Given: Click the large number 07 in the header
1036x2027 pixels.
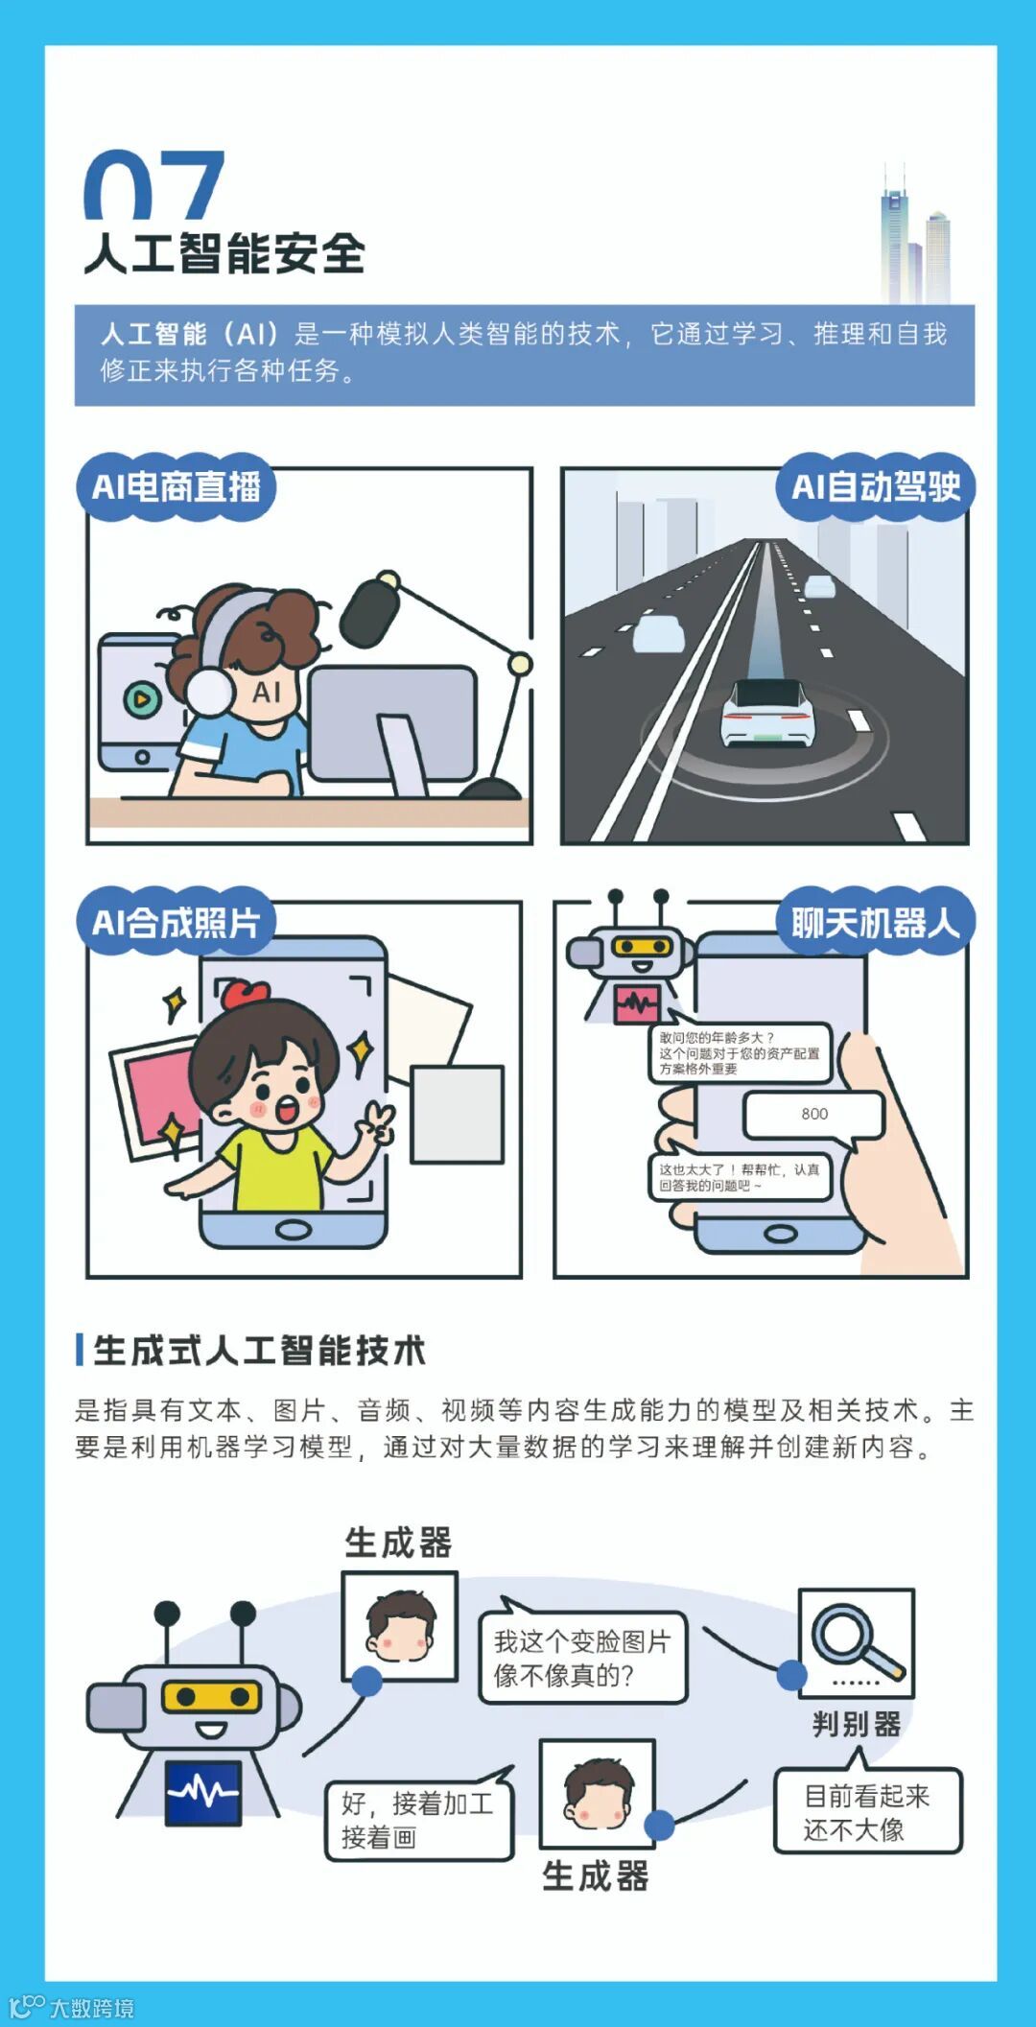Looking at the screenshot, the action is [x=154, y=184].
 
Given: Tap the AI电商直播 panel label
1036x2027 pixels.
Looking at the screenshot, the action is [x=176, y=486].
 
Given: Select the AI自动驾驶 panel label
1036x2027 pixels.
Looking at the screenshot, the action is [x=876, y=486].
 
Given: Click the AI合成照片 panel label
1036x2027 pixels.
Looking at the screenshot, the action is [x=176, y=922].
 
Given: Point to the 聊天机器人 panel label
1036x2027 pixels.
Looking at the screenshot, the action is [x=876, y=922].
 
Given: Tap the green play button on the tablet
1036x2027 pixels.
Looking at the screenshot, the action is [x=141, y=699].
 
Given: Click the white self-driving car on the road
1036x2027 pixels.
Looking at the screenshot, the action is [x=768, y=712].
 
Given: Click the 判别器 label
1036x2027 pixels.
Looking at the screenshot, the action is [x=857, y=1724].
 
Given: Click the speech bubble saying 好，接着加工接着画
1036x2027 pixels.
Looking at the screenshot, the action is [x=419, y=1819].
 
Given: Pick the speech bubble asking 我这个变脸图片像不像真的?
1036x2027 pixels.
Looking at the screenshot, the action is [x=582, y=1657].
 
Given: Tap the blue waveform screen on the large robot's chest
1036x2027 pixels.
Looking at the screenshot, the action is [x=202, y=1791].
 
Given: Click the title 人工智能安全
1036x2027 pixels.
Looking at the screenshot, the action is [x=224, y=254].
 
